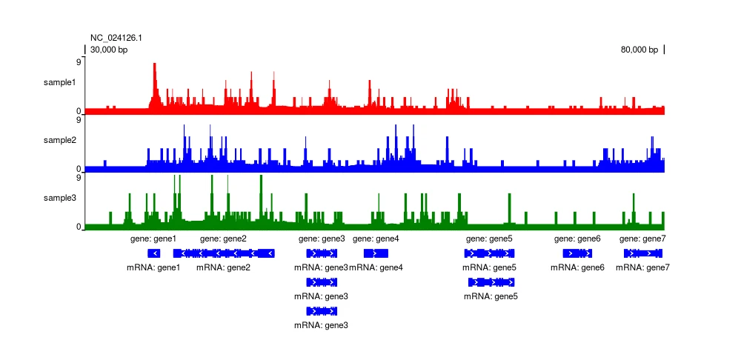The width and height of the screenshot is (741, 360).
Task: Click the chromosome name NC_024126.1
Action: point(116,38)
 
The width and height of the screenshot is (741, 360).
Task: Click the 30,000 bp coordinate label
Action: point(109,50)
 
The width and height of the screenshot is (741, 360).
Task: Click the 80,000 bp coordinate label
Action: point(639,50)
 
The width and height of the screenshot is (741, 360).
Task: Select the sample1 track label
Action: point(59,82)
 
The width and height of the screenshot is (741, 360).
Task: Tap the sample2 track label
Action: point(59,140)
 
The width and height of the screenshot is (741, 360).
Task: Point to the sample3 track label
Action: point(59,198)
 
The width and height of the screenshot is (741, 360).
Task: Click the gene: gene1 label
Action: point(153,239)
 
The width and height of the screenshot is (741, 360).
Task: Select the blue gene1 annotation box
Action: point(153,253)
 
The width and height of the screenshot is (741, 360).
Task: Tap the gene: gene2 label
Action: point(223,239)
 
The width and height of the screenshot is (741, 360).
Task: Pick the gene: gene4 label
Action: point(376,239)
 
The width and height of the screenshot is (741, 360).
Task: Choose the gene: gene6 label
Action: point(577,239)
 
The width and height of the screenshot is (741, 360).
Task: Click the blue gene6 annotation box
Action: point(577,253)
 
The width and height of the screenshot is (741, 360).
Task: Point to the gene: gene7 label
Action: point(642,239)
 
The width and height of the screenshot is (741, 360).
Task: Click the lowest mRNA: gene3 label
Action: point(321,325)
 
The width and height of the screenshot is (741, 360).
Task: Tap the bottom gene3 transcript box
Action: point(322,311)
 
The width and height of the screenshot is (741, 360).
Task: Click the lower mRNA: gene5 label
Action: point(491,296)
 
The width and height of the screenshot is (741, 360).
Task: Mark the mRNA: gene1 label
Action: point(153,267)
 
